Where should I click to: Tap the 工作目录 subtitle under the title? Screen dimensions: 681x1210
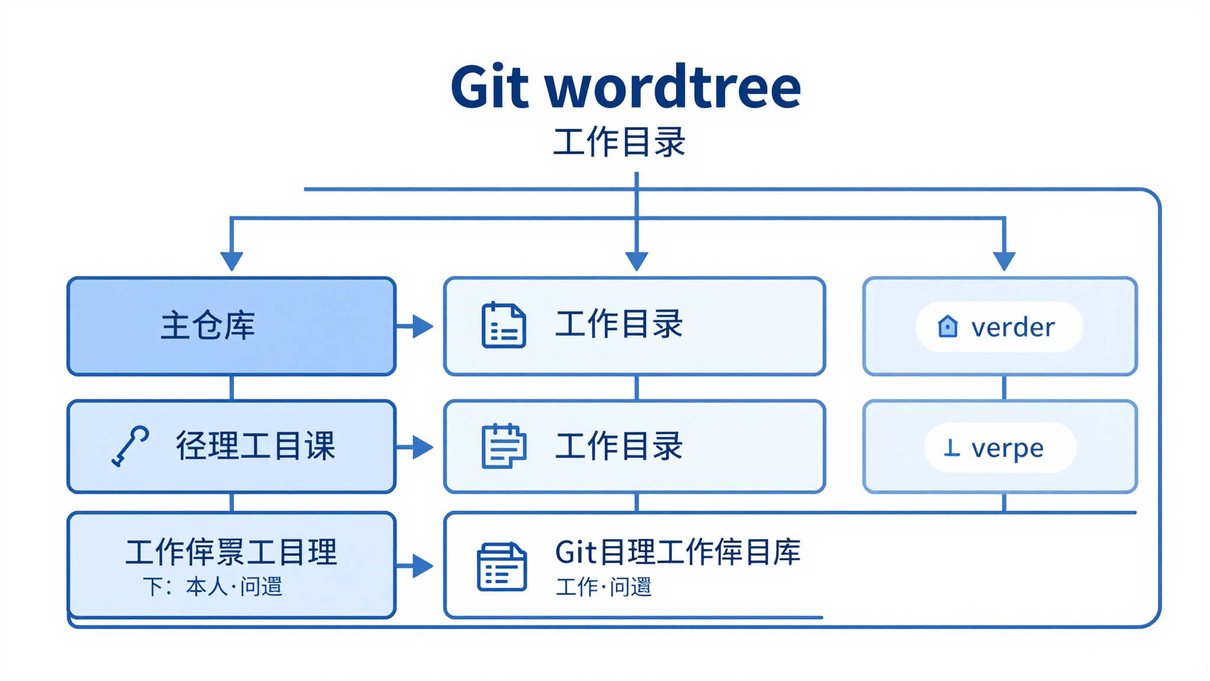click(619, 142)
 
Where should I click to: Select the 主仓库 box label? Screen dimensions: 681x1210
click(208, 326)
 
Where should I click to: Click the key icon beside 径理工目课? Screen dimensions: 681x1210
click(130, 446)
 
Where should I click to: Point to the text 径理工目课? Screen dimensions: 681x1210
click(255, 446)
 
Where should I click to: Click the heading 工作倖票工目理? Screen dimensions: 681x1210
click(231, 553)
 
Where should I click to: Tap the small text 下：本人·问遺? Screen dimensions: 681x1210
click(213, 587)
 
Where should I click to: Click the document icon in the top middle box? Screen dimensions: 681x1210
click(503, 325)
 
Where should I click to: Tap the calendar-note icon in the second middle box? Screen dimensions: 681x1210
click(503, 446)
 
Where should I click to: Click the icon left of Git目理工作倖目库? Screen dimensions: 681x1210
click(502, 567)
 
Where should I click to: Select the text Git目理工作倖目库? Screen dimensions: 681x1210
click(678, 552)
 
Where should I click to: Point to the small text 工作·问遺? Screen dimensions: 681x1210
click(603, 587)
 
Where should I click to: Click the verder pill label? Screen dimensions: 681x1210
click(1012, 327)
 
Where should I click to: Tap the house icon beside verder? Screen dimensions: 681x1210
click(948, 326)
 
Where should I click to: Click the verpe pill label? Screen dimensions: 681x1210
click(1007, 448)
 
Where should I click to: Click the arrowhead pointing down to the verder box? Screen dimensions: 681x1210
click(1004, 261)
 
